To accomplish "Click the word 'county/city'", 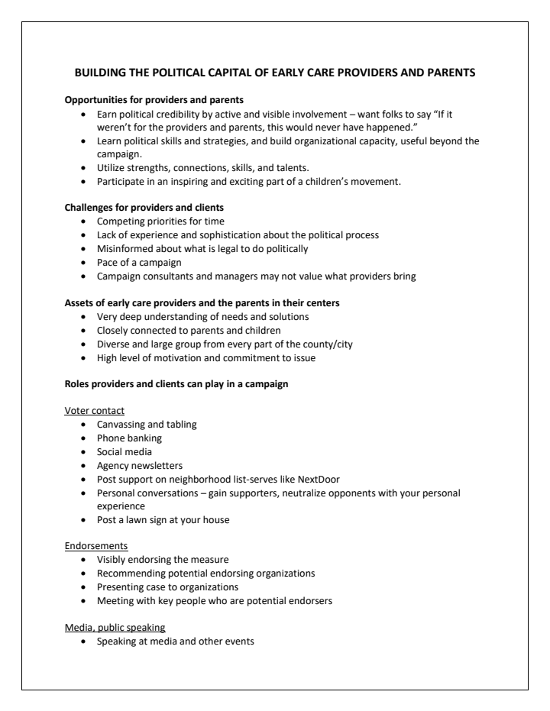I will pyautogui.click(x=325, y=344).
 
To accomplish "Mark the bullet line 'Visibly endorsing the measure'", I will pyautogui.click(x=163, y=561).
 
